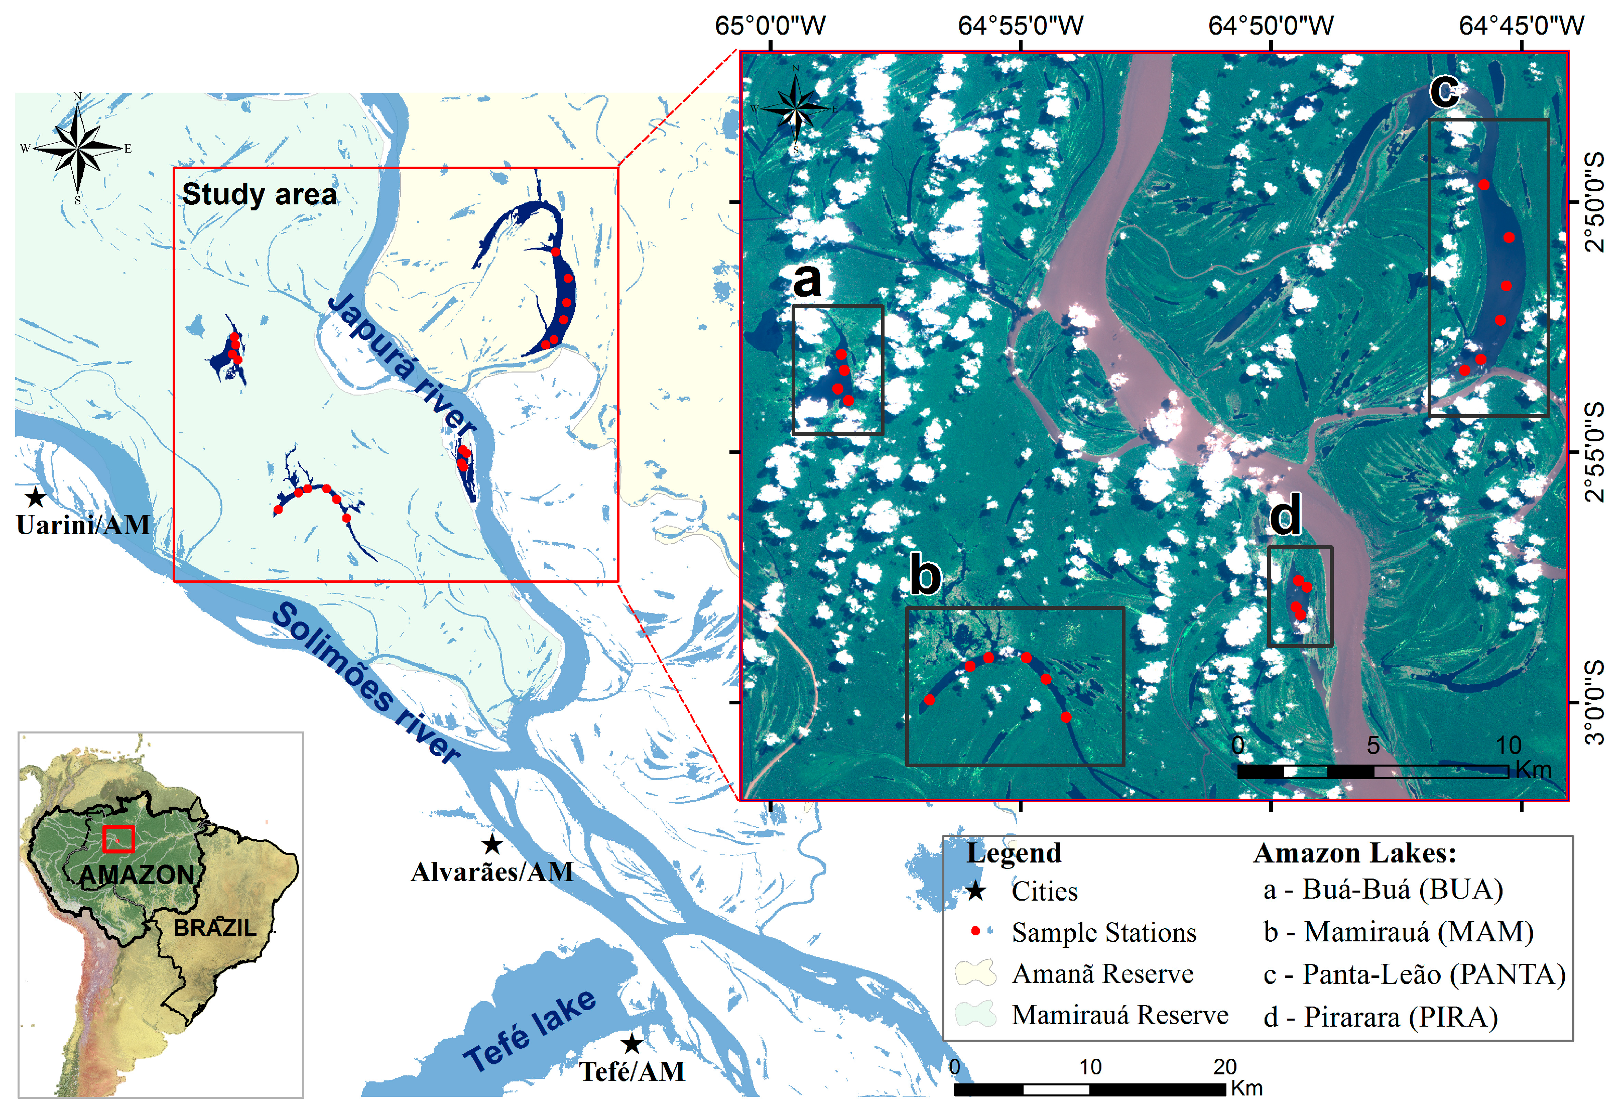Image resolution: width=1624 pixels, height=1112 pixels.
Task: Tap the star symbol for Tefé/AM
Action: point(632,1044)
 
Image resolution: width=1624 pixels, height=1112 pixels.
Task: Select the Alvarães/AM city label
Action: point(492,872)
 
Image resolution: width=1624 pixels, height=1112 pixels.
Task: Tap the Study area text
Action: point(259,194)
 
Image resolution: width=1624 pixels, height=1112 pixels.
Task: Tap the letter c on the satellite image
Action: point(1444,91)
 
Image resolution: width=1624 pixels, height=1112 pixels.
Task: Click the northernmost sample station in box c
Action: point(1483,185)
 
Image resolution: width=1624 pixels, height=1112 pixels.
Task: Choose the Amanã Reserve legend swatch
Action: point(975,973)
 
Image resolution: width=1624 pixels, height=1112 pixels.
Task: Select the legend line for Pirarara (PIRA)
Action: point(1380,1017)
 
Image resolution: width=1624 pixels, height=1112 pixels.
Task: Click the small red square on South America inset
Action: point(118,839)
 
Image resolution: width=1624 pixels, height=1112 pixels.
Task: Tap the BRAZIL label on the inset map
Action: point(214,928)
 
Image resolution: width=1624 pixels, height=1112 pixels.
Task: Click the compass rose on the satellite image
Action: point(796,109)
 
